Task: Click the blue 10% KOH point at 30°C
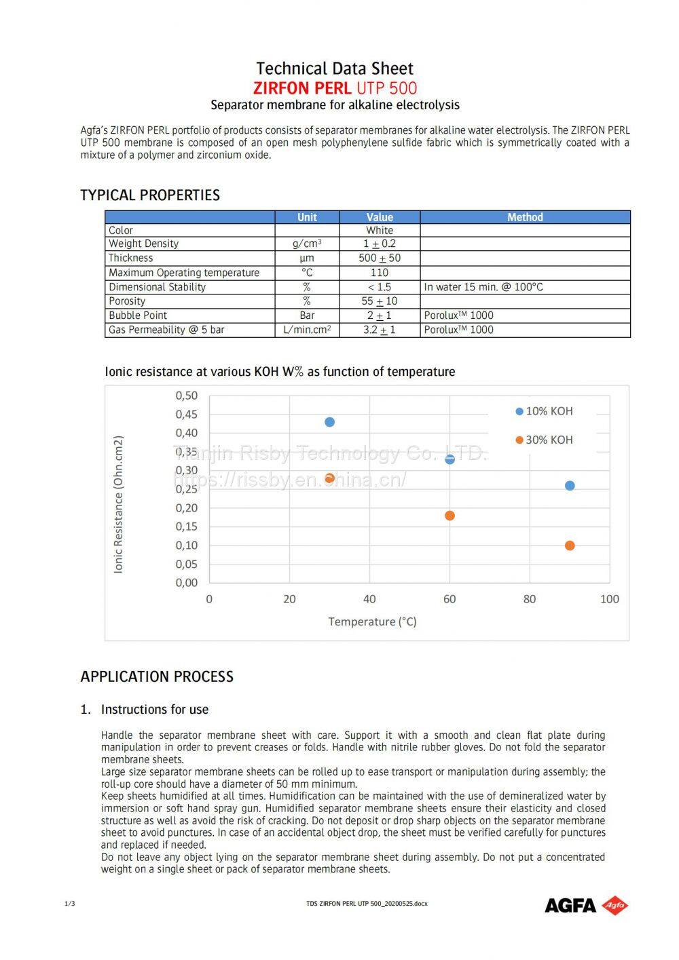(x=330, y=422)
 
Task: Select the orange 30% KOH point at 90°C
(x=570, y=545)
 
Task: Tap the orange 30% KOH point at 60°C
(x=449, y=516)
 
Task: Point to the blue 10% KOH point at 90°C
(x=570, y=486)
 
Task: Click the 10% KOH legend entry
(x=545, y=411)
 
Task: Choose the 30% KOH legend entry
(x=545, y=440)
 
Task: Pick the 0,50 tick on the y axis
(x=187, y=396)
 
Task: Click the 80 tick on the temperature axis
(x=530, y=599)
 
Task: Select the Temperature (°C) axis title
(x=372, y=621)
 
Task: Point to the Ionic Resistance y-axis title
(x=119, y=505)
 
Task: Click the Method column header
(x=525, y=217)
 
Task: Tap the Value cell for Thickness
(x=380, y=258)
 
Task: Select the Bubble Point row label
(x=138, y=315)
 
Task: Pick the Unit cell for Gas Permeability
(x=307, y=330)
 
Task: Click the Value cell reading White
(x=380, y=231)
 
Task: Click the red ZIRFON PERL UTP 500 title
(x=335, y=88)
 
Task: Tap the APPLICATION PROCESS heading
(x=157, y=676)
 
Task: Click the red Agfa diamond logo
(x=615, y=905)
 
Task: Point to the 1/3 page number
(x=69, y=904)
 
